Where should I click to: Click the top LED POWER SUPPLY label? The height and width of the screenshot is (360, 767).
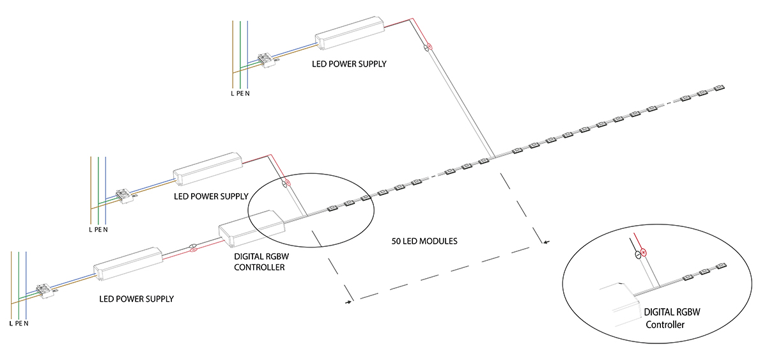[x=349, y=64]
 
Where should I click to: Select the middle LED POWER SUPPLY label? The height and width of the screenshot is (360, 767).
[x=211, y=196]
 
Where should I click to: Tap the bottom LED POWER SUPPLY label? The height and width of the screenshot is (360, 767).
[x=136, y=299]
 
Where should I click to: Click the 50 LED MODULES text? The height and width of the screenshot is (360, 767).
[x=424, y=241]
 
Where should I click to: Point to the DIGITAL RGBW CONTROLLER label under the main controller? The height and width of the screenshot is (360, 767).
[x=261, y=262]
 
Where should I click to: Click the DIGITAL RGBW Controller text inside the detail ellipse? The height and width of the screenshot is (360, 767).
[x=672, y=318]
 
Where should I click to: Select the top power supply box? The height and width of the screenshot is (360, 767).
[x=350, y=33]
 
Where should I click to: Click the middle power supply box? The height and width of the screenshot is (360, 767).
[x=208, y=169]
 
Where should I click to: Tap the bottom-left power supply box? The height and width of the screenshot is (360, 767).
[x=128, y=263]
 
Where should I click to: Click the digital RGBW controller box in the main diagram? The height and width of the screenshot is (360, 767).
[x=252, y=228]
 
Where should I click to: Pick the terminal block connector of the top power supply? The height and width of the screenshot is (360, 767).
[x=267, y=60]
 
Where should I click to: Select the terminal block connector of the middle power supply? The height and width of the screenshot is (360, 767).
[x=124, y=196]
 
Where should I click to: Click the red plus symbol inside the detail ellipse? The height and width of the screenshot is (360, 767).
[x=644, y=253]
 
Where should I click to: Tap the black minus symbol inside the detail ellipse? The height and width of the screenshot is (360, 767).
[x=638, y=255]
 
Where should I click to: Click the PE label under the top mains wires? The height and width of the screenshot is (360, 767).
[x=240, y=93]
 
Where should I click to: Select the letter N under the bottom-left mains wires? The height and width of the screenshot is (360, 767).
[x=26, y=324]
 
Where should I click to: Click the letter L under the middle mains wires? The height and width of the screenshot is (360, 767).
[x=90, y=230]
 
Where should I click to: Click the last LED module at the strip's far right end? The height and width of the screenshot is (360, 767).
[x=718, y=88]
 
